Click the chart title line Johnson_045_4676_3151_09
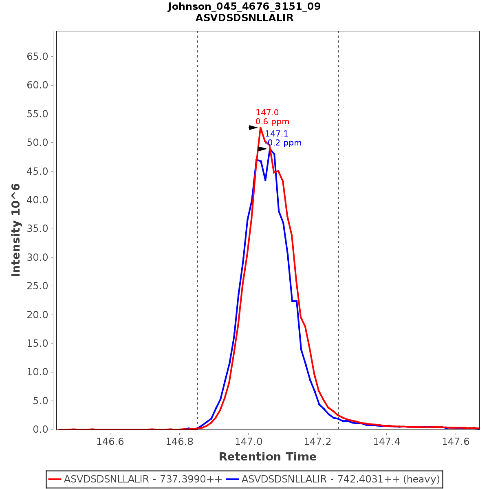tap(244, 7)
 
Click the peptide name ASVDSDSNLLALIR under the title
tap(244, 18)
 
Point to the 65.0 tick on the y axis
tap(37, 56)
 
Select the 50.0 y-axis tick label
tap(37, 143)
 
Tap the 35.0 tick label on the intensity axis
tap(37, 229)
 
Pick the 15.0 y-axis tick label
tap(37, 344)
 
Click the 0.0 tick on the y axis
tap(40, 430)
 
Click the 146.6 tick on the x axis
tap(110, 442)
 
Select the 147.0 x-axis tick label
tap(248, 442)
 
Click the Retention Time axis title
tap(267, 457)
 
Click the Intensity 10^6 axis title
tap(16, 230)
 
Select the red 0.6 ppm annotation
tap(272, 121)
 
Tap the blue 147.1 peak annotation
tap(277, 134)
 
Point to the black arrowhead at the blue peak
tap(263, 149)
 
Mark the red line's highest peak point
tap(260, 128)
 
